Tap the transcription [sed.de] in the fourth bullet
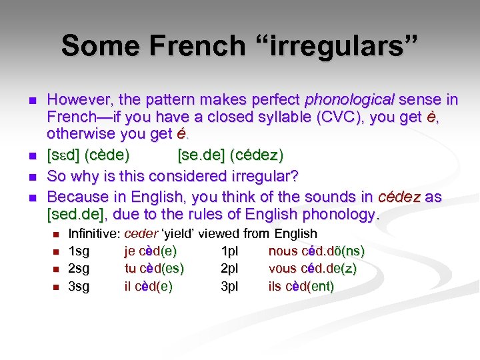point(79,214)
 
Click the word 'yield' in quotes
point(179,234)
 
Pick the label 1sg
point(79,251)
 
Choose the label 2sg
point(79,269)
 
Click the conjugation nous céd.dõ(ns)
point(316,251)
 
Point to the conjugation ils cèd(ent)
point(301,287)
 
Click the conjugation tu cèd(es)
point(154,269)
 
